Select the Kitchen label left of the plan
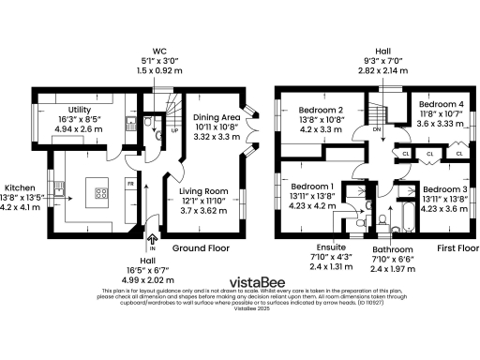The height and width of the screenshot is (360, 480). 19,187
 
